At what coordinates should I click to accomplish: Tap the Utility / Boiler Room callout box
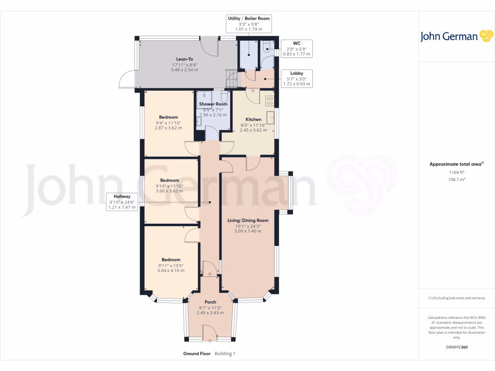248,23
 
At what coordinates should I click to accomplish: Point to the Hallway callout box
123,201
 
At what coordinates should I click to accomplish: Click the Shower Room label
213,104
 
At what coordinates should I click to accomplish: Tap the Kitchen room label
253,119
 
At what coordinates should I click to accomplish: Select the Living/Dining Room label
247,220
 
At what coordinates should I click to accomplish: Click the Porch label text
210,302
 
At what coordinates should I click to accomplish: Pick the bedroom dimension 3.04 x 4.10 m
171,271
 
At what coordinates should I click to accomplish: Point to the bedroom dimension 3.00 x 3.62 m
170,191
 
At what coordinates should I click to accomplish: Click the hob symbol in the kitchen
269,101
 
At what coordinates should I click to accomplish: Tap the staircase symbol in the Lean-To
232,76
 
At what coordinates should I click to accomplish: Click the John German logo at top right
456,36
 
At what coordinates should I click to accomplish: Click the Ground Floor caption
197,354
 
